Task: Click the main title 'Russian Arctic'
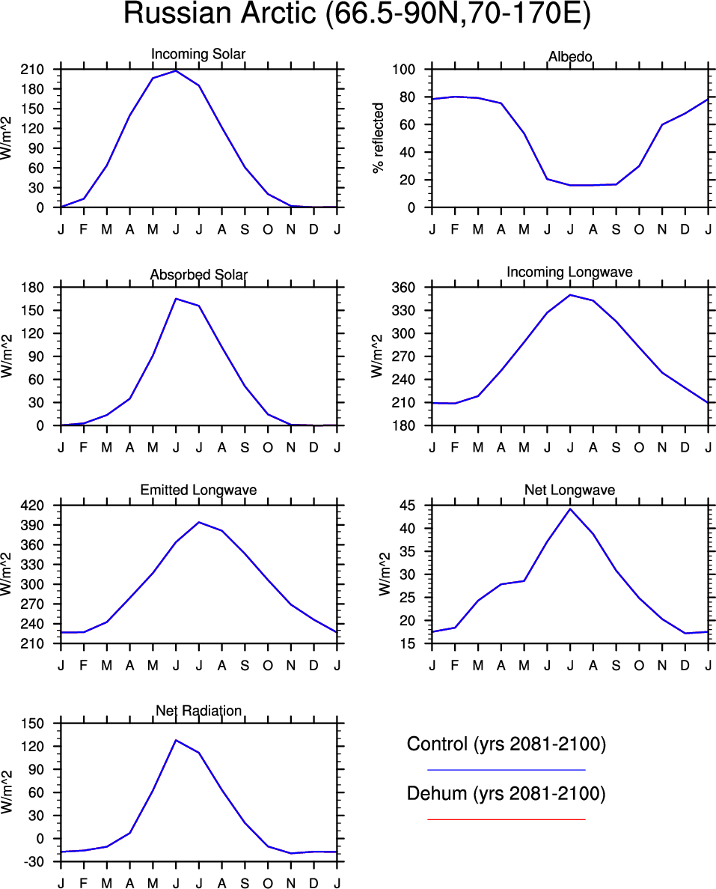click(357, 15)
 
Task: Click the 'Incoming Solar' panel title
click(198, 54)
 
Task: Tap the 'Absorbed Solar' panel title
click(198, 275)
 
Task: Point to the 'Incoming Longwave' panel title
click(569, 272)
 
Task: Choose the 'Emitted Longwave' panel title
click(198, 490)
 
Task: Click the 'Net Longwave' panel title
click(570, 490)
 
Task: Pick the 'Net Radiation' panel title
click(198, 710)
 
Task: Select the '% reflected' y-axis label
click(379, 139)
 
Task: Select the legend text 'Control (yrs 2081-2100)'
click(506, 744)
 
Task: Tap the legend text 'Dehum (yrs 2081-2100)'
click(506, 794)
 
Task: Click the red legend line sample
click(506, 819)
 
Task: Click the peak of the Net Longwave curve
click(570, 509)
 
